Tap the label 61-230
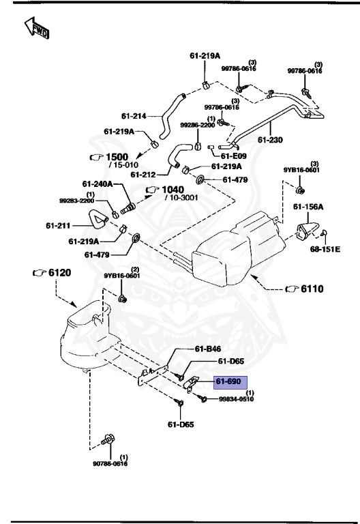point(269,140)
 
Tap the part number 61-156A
point(308,206)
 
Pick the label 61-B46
point(208,349)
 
